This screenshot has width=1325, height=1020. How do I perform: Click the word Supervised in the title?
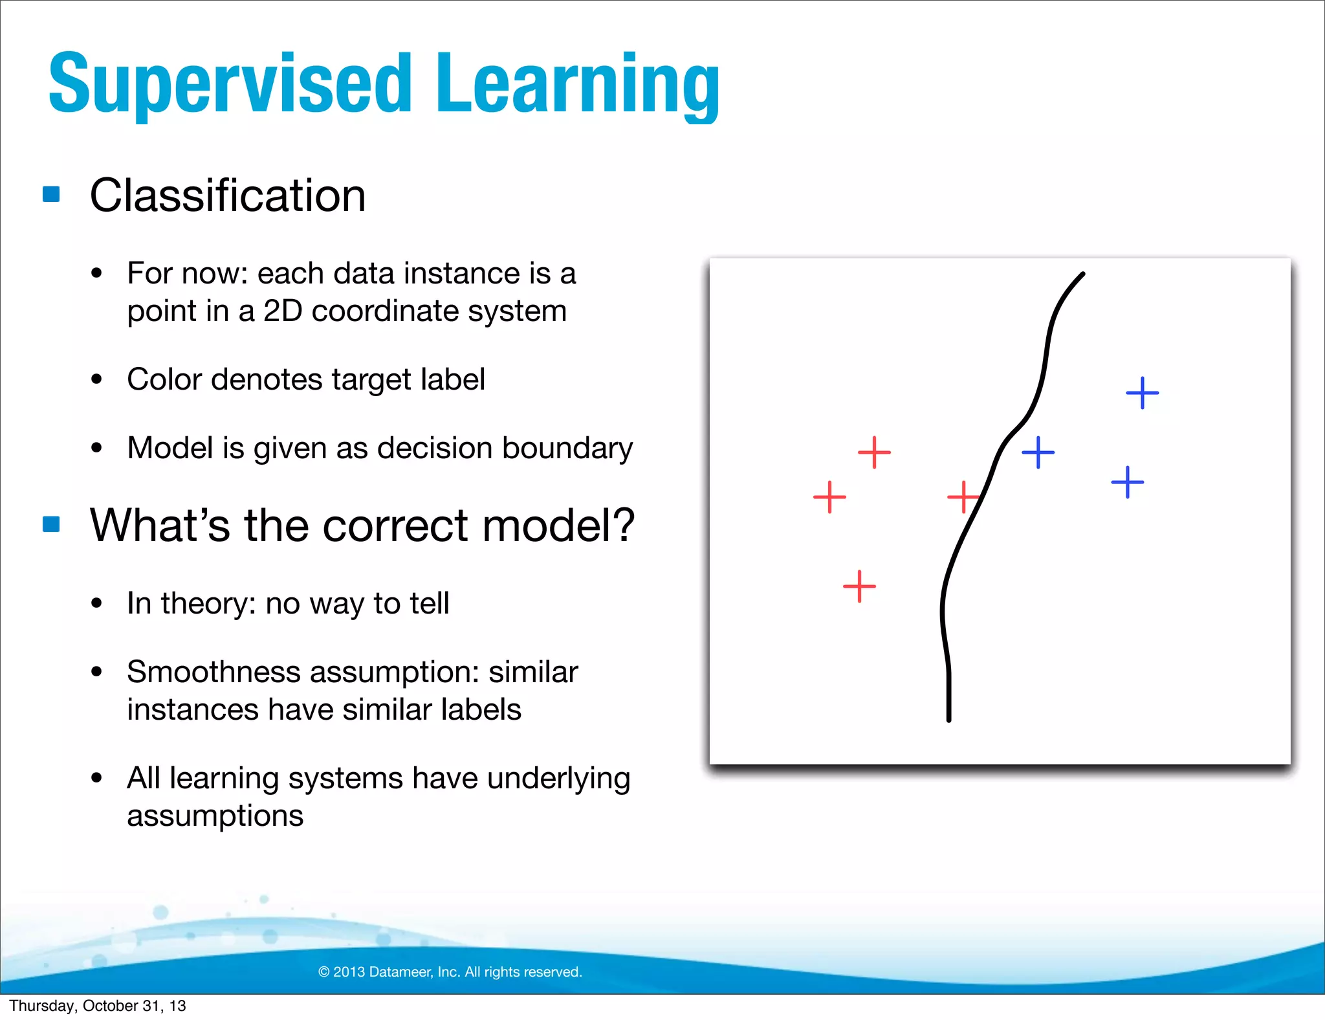pos(230,84)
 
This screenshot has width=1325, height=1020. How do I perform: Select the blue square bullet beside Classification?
pos(51,194)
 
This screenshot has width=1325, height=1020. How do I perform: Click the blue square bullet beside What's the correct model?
pos(51,524)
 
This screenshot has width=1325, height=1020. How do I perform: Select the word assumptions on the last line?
pos(215,815)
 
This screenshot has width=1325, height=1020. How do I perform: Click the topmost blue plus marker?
pos(1143,393)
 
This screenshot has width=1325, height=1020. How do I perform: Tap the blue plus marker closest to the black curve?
pos(1038,452)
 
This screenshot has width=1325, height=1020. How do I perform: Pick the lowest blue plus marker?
pos(1128,482)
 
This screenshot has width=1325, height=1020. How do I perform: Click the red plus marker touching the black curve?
pos(963,497)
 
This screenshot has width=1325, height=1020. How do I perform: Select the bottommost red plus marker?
pos(859,586)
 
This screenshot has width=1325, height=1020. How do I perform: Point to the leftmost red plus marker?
pos(829,497)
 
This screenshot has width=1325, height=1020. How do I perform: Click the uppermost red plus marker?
pos(874,452)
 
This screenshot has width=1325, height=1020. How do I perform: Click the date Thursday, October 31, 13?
pos(98,1006)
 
